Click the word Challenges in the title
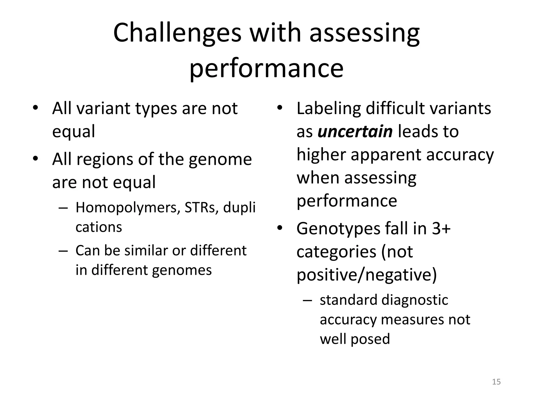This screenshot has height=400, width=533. click(177, 33)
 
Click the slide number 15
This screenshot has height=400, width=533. click(496, 382)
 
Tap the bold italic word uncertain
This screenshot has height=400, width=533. click(355, 132)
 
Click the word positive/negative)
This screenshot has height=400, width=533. click(366, 275)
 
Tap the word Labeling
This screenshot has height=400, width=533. click(328, 108)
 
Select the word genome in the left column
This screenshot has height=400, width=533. click(220, 160)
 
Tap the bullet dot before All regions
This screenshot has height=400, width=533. click(35, 159)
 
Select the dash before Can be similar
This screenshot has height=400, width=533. click(63, 251)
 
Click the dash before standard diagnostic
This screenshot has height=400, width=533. click(307, 300)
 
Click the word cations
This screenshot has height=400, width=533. click(99, 227)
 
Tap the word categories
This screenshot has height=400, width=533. click(336, 252)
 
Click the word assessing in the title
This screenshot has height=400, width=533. click(364, 33)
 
